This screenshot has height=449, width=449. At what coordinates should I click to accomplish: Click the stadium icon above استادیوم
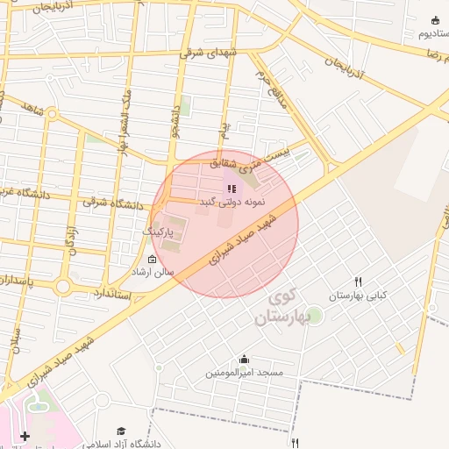click(435, 20)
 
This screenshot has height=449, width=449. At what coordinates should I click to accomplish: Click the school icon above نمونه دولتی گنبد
click(232, 189)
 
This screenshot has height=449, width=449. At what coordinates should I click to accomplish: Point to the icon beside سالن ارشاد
click(153, 259)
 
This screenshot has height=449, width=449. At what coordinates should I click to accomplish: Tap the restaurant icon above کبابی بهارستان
click(358, 282)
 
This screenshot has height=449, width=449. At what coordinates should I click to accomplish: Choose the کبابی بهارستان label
click(357, 296)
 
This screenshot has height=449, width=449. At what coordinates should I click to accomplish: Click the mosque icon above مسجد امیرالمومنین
click(244, 359)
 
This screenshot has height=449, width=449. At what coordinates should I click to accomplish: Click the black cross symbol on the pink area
click(25, 436)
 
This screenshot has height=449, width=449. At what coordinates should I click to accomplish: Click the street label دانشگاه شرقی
click(113, 203)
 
